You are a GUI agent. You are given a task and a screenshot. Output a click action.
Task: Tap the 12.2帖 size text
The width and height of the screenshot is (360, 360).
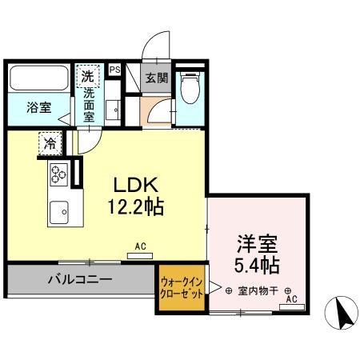[x=135, y=207]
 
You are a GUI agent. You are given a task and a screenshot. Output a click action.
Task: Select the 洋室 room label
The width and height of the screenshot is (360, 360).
[x=256, y=242]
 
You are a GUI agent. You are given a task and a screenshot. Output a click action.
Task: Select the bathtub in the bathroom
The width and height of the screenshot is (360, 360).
[x=38, y=78]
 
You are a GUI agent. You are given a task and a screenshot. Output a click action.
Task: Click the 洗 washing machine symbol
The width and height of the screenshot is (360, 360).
[x=86, y=78]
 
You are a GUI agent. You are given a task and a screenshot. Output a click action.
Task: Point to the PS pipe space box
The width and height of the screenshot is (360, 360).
[x=114, y=70]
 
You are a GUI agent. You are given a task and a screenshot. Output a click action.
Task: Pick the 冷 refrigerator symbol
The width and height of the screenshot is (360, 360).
[x=50, y=144]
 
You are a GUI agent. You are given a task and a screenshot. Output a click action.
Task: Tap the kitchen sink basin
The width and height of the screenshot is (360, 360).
[x=59, y=213]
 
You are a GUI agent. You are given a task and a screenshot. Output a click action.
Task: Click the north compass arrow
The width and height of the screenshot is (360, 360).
[x=342, y=312]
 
